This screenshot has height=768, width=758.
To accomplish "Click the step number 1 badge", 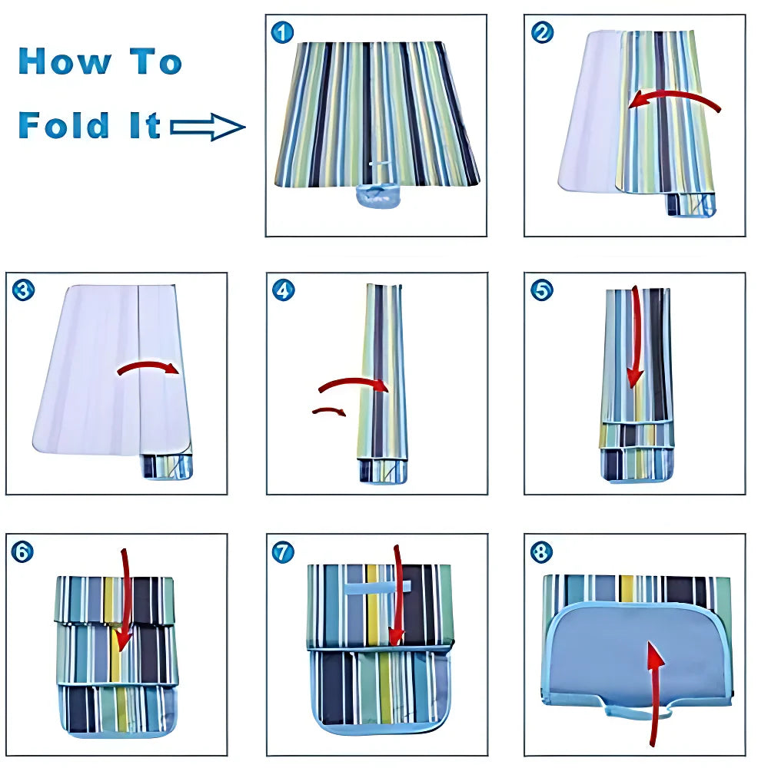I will tap(283, 32).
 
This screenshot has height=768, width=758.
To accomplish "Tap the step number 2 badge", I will tap(542, 32).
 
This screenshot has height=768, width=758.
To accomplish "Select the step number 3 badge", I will tap(24, 290).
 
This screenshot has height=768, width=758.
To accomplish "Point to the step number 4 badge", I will tap(283, 290).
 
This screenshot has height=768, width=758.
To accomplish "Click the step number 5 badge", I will tap(542, 290).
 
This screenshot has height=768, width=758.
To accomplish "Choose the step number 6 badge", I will tap(24, 551).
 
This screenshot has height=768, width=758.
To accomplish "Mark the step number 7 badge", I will tap(283, 551).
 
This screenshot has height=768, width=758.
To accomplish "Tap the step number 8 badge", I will tap(542, 551).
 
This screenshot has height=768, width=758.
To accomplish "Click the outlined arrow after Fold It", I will tap(207, 127).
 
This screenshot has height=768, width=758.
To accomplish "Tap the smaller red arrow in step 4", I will tap(329, 412).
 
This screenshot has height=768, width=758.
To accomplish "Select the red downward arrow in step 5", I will tap(635, 338).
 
